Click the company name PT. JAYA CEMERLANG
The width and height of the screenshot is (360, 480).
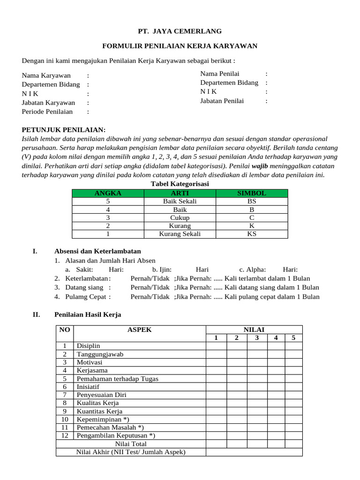180,31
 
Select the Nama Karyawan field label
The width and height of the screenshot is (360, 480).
46,75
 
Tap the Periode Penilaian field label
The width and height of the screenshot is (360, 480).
47,112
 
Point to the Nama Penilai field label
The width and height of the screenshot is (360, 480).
220,74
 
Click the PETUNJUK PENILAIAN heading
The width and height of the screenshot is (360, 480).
64,130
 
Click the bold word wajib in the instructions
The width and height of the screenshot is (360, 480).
260,166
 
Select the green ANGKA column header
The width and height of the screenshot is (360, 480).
108,193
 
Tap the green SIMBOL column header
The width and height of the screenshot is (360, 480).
252,193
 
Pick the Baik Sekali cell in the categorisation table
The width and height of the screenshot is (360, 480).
180,202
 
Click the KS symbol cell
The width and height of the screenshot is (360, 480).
252,234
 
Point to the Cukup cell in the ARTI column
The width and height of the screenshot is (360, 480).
180,218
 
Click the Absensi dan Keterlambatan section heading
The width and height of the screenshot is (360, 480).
97,251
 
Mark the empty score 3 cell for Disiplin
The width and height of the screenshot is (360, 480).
256,346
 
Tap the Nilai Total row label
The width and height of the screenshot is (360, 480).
131,443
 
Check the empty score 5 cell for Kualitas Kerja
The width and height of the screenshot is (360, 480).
293,403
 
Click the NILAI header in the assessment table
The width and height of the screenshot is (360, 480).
254,330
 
